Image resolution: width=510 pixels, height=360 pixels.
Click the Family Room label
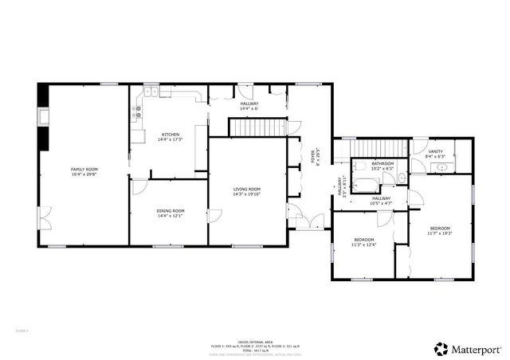[84, 169]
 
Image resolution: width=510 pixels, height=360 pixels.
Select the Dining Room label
[171, 210]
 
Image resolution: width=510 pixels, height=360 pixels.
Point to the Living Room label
[247, 189]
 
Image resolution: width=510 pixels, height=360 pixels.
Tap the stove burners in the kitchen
[137, 115]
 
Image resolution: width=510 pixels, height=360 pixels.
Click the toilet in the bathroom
[361, 166]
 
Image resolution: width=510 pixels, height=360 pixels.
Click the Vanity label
[435, 151]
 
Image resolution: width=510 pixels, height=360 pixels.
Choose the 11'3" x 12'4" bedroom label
[363, 240]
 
